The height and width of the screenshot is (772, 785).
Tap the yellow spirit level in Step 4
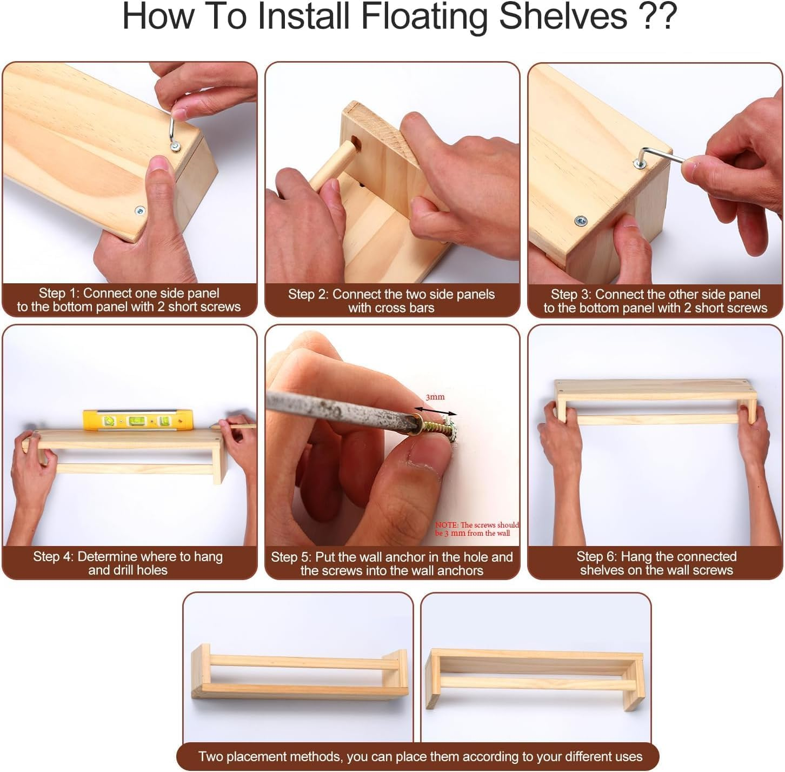(138, 420)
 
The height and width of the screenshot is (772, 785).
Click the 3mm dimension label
(435, 397)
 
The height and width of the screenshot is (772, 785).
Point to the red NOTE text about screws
(477, 529)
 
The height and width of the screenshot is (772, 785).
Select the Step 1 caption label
(129, 300)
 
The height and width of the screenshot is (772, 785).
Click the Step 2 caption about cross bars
(391, 301)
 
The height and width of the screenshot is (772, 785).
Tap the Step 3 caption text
(655, 301)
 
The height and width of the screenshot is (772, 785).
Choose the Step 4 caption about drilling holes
(128, 563)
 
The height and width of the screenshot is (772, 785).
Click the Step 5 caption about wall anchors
(392, 564)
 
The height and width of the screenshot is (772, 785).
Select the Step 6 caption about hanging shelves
(656, 563)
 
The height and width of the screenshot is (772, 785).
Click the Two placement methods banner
(420, 756)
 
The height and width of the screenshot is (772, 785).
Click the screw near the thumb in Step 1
(140, 211)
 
